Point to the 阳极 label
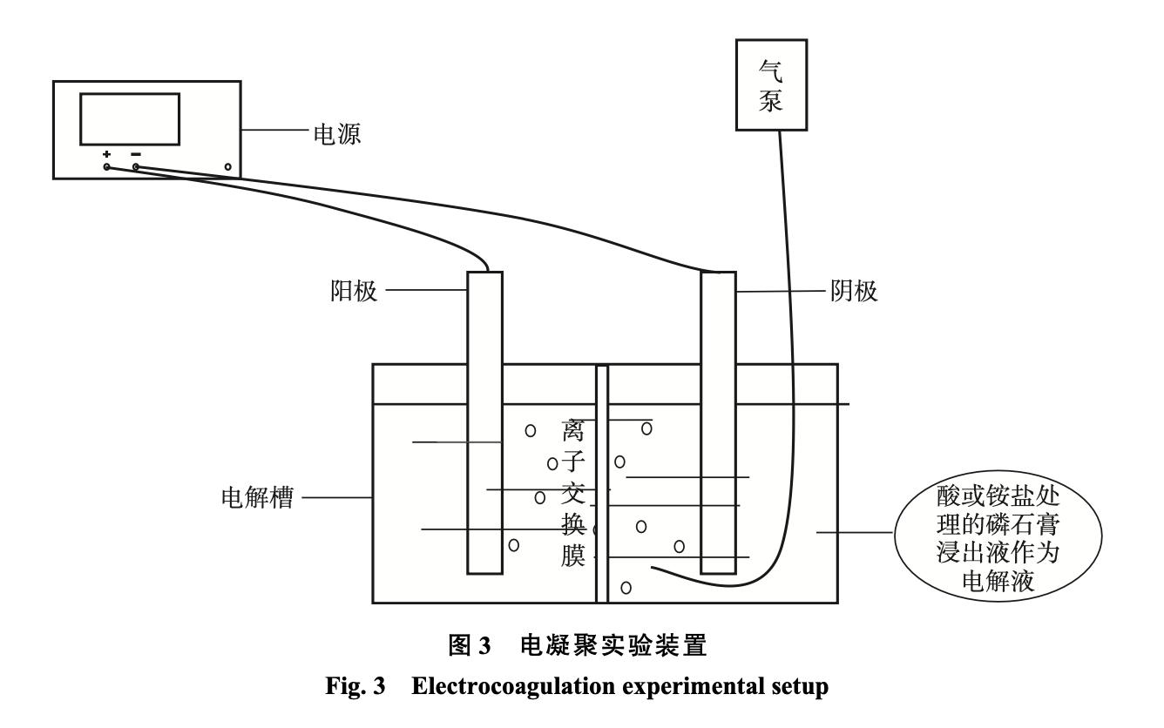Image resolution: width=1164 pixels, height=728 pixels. click(x=355, y=291)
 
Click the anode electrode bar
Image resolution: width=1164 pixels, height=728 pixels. click(x=484, y=422)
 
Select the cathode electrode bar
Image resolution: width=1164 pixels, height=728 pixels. click(x=719, y=422)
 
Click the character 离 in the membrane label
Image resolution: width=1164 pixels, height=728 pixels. click(x=574, y=430)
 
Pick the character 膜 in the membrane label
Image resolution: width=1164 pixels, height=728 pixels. click(x=574, y=556)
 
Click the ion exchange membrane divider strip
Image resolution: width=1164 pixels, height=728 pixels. click(x=601, y=483)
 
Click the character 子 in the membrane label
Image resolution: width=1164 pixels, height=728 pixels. click(x=574, y=462)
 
